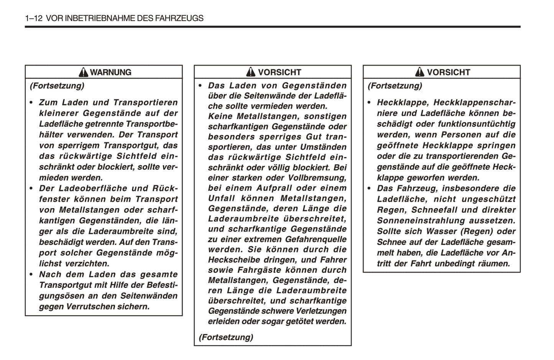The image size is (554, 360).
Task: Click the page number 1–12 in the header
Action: click(x=33, y=18)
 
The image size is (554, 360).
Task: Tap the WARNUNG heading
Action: click(x=110, y=72)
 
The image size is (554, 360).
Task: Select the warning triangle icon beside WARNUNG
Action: click(x=83, y=72)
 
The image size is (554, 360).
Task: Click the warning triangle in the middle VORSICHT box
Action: click(x=251, y=72)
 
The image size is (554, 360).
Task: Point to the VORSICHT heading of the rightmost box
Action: click(x=448, y=72)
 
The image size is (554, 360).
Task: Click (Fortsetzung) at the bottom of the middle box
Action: click(x=226, y=337)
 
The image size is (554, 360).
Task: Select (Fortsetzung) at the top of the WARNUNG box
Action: click(x=57, y=85)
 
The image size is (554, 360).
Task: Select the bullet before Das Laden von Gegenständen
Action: click(x=200, y=85)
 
